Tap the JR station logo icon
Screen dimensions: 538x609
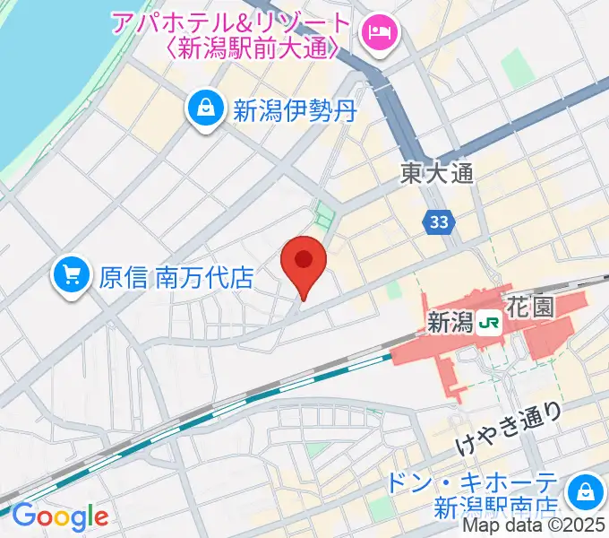click(490, 320)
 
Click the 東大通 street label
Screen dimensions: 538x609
click(436, 173)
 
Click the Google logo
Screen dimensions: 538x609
click(60, 516)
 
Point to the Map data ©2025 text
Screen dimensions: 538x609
click(535, 528)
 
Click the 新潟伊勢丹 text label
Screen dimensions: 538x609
click(296, 111)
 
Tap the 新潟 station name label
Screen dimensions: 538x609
click(450, 320)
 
